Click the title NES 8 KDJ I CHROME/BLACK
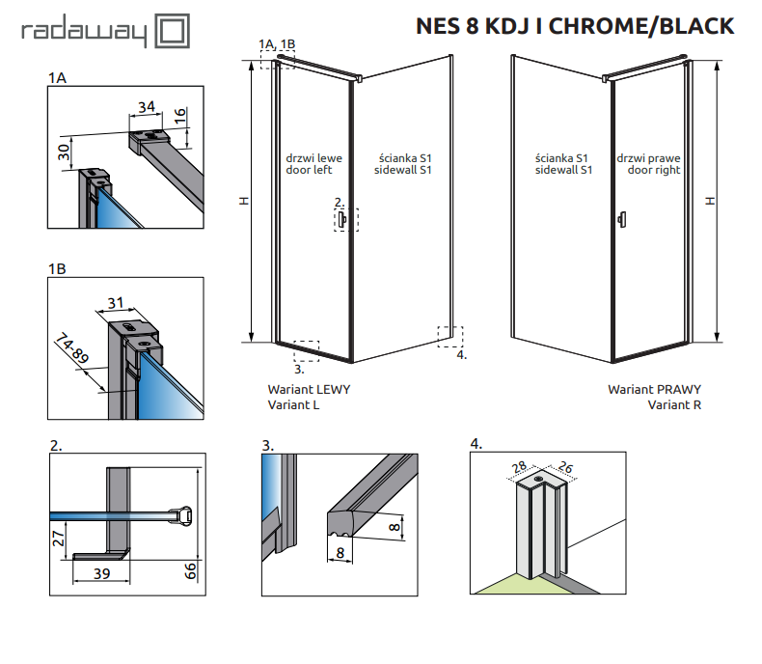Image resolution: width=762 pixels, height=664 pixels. [574, 26]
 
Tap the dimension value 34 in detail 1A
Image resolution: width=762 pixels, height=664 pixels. [146, 106]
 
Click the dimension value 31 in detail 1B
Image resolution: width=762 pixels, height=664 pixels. [116, 304]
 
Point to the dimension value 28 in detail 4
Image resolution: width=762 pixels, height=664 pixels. [518, 469]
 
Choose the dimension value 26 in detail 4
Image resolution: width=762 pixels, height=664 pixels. [564, 470]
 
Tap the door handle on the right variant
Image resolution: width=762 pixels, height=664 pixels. [621, 218]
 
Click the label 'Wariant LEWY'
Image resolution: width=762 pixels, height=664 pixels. [309, 390]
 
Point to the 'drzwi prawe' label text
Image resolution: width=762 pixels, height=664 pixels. [653, 157]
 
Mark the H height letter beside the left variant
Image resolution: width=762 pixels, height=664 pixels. [245, 202]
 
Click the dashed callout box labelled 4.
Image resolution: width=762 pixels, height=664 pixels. [449, 335]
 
